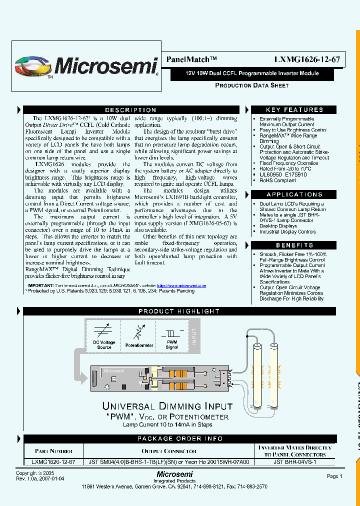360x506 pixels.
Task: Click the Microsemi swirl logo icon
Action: coord(33,66)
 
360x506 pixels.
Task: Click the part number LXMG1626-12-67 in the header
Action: coord(307,59)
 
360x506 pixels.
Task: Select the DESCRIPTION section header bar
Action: coord(130,110)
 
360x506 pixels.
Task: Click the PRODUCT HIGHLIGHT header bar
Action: coord(179,311)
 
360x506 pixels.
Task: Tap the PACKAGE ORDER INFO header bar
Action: coord(180,439)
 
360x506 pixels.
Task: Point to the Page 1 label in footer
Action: coord(334,476)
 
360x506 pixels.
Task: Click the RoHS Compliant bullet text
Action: coord(278,180)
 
